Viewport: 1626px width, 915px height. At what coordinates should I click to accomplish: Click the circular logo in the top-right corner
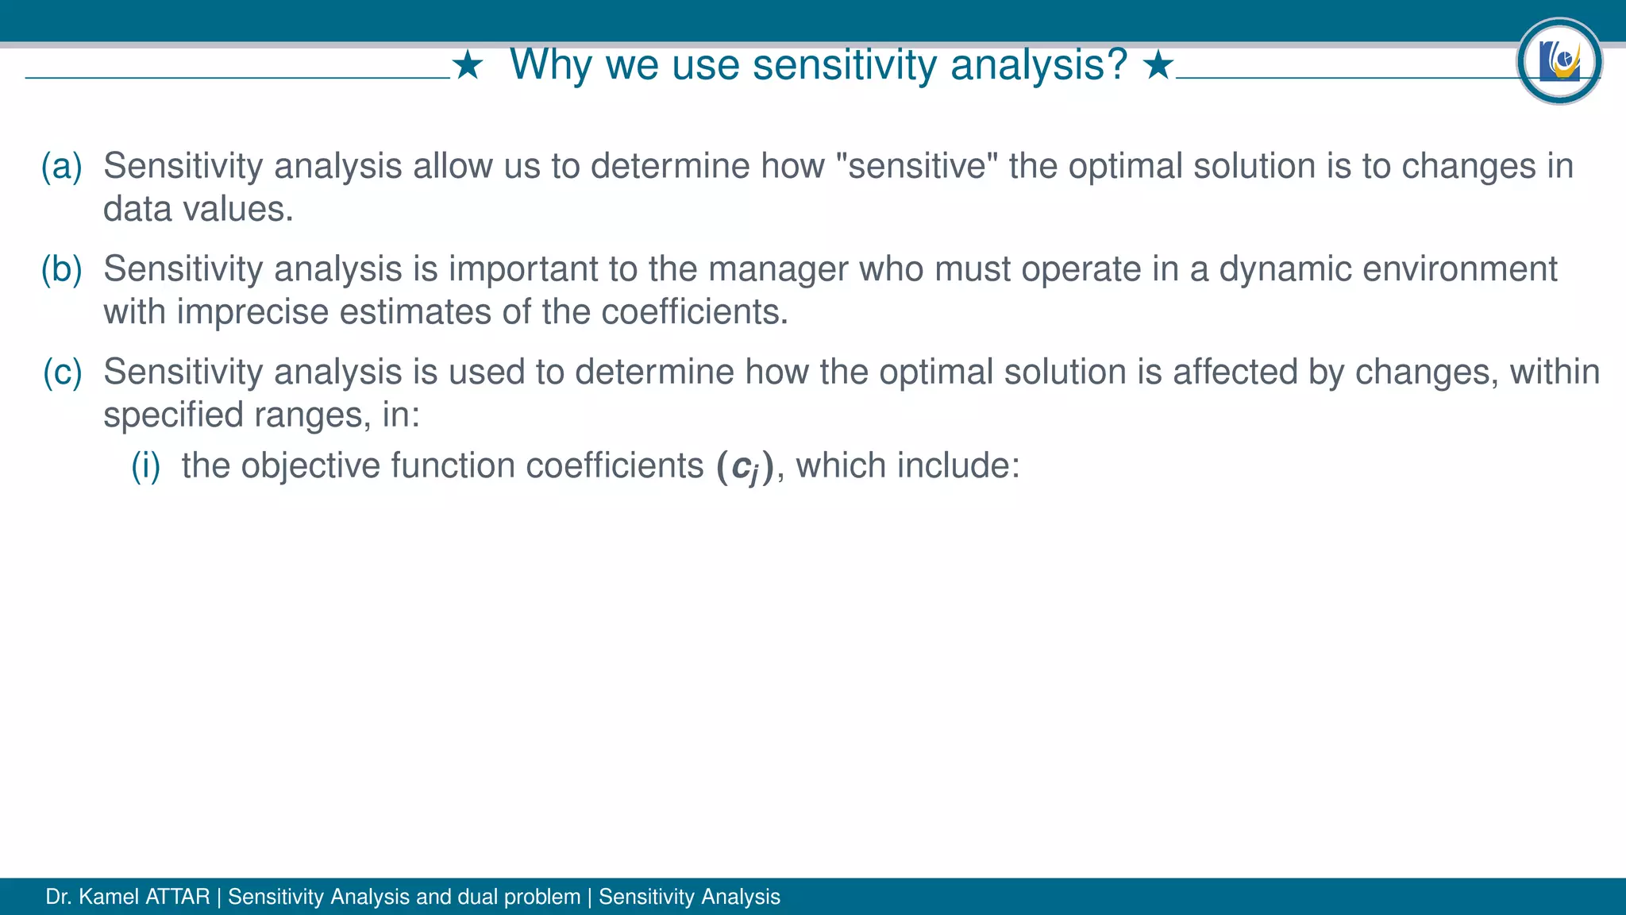pyautogui.click(x=1559, y=61)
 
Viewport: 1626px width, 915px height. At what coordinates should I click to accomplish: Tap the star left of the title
pyautogui.click(x=468, y=65)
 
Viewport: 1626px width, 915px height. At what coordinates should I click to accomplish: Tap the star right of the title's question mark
pyautogui.click(x=1158, y=65)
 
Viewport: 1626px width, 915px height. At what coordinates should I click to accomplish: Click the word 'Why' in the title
pyautogui.click(x=550, y=65)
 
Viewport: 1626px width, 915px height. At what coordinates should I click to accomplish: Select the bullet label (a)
pyautogui.click(x=62, y=166)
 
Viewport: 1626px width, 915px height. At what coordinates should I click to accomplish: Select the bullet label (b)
pyautogui.click(x=62, y=269)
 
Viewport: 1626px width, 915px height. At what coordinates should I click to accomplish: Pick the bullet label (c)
pyautogui.click(x=62, y=372)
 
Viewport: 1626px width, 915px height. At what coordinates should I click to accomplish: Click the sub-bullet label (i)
pyautogui.click(x=146, y=465)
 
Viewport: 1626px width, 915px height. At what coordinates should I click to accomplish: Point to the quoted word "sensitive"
pyautogui.click(x=917, y=166)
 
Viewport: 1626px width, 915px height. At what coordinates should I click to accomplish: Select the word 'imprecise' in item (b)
pyautogui.click(x=252, y=312)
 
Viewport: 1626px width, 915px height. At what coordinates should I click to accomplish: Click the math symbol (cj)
pyautogui.click(x=745, y=467)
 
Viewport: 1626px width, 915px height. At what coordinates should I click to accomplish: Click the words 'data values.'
pyautogui.click(x=198, y=210)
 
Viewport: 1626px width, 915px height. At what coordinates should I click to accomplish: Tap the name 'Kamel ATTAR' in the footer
pyautogui.click(x=144, y=897)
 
